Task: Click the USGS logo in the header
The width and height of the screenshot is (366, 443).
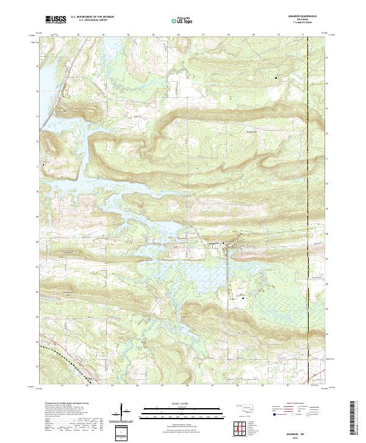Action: (x=55, y=20)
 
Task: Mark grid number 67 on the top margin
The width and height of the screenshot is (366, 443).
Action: (x=203, y=35)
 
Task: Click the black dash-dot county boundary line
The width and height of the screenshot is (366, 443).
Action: (x=307, y=183)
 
